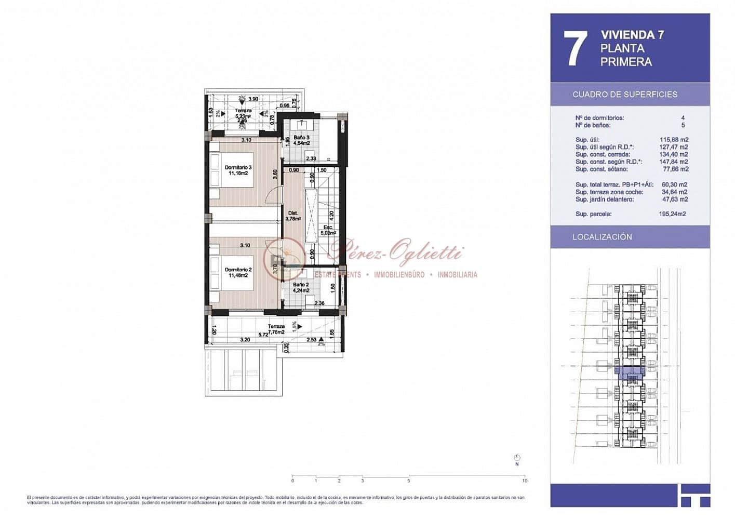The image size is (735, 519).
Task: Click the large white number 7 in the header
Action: click(575, 48)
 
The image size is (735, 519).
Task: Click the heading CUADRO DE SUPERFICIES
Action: click(624, 95)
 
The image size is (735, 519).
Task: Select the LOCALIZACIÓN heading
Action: click(602, 237)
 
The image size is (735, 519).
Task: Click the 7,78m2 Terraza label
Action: click(276, 329)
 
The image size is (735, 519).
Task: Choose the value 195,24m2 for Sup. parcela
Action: click(672, 214)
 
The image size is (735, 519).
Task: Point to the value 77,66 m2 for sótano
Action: click(675, 169)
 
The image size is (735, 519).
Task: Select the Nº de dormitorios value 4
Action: click(683, 118)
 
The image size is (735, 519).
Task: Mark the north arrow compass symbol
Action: click(517, 458)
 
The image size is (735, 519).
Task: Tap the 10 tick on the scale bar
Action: click(525, 480)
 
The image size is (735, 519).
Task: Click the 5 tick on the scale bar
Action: click(409, 480)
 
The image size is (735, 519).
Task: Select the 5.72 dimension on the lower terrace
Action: click(263, 335)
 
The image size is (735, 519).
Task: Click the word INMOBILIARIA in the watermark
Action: click(457, 275)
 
